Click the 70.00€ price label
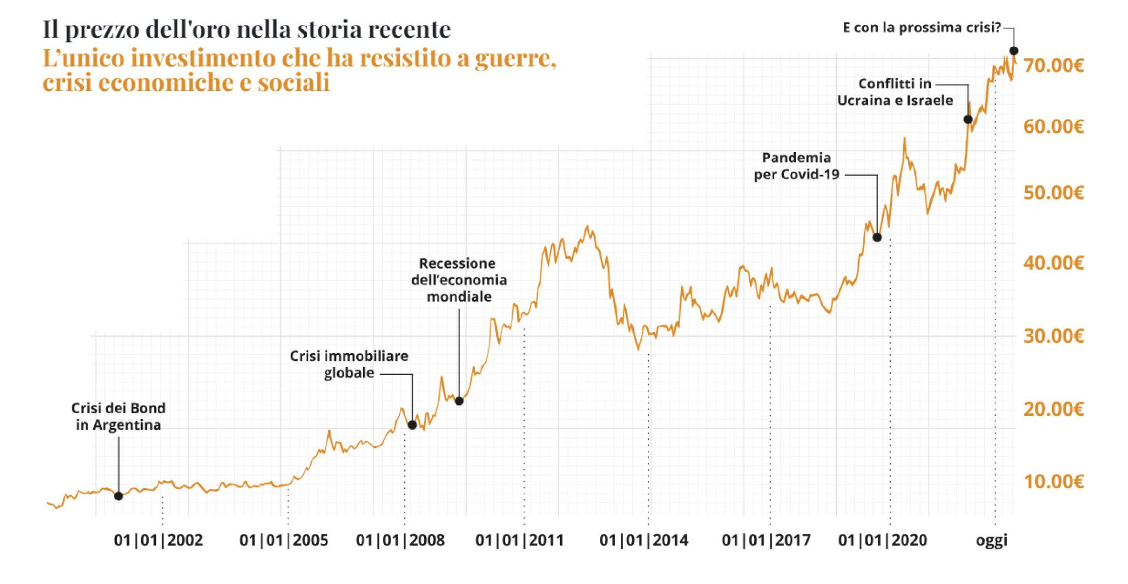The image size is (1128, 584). coord(1053,66)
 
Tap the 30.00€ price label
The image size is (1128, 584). coord(1053,336)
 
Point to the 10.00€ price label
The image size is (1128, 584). coord(1053,482)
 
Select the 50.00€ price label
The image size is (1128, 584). coord(1053,193)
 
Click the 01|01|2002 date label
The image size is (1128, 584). coord(159,540)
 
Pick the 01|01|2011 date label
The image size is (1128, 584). coord(519,540)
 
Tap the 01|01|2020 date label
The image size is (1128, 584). coord(882,540)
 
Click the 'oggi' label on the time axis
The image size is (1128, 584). coord(991,540)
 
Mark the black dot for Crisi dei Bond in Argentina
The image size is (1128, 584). coord(118,496)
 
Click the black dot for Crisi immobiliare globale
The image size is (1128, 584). coord(412,425)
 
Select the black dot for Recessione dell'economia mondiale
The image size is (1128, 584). coord(459,401)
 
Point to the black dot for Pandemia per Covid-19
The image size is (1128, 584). coord(877,237)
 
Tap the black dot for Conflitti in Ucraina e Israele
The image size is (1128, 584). coord(968,120)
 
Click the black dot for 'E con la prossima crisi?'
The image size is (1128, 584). coord(1013,51)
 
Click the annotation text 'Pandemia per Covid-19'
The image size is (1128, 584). coord(796,166)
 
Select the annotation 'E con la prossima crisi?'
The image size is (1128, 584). coord(921,28)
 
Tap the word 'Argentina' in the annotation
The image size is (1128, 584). coord(127,425)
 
